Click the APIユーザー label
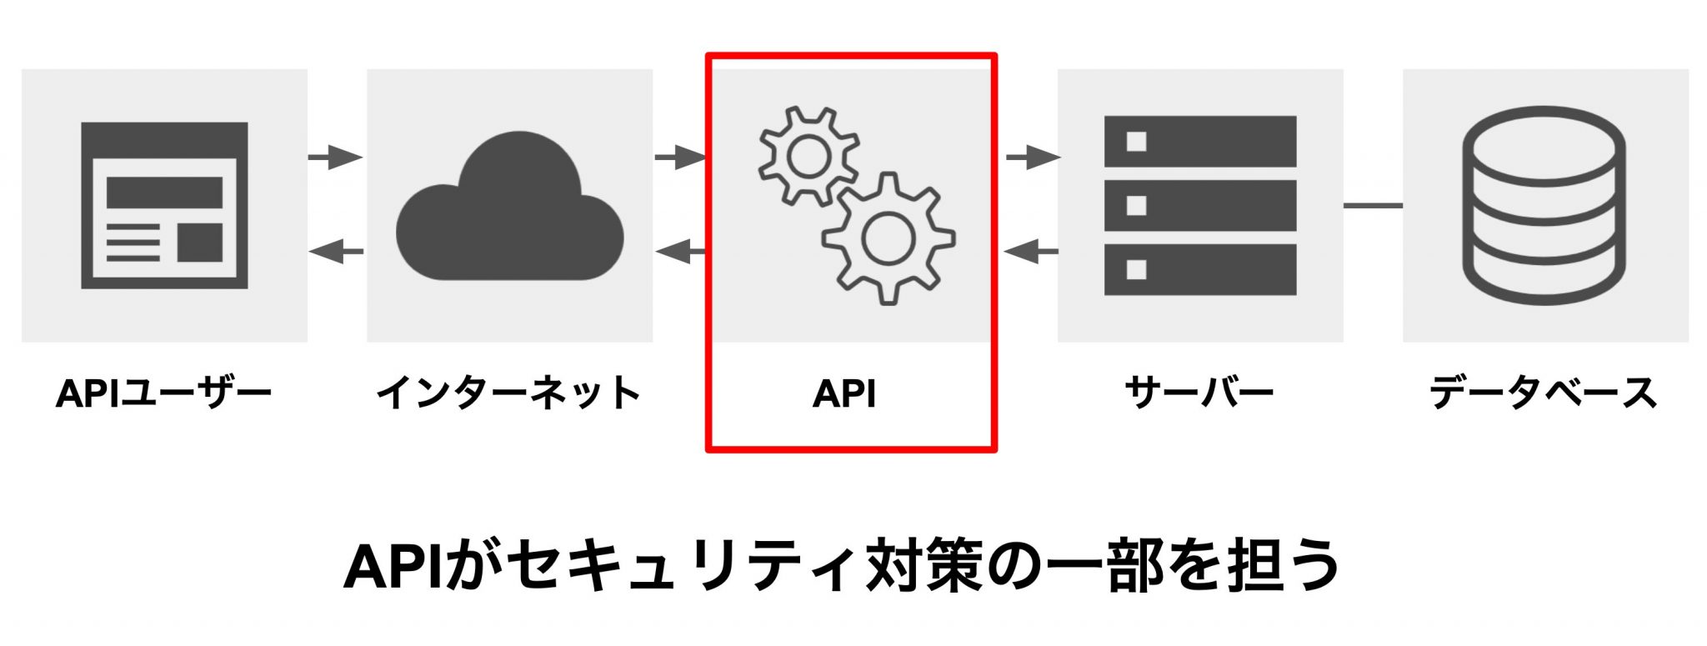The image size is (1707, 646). pyautogui.click(x=163, y=393)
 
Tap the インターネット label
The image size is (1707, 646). pyautogui.click(x=508, y=393)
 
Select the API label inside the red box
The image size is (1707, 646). pyautogui.click(x=844, y=394)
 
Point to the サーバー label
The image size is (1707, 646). pyautogui.click(x=1199, y=393)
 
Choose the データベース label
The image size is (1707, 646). pyautogui.click(x=1544, y=393)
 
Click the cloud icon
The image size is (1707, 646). pyautogui.click(x=509, y=213)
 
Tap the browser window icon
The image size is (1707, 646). pyautogui.click(x=164, y=205)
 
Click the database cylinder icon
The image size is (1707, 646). pyautogui.click(x=1544, y=205)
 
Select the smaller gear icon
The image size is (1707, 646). pyautogui.click(x=808, y=157)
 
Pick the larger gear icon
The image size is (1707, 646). pyautogui.click(x=889, y=238)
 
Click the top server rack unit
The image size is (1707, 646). pyautogui.click(x=1199, y=142)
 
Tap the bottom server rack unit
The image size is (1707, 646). pyautogui.click(x=1199, y=269)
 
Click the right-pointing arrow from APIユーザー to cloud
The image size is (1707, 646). pyautogui.click(x=335, y=157)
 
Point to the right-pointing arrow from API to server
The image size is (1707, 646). pyautogui.click(x=1032, y=157)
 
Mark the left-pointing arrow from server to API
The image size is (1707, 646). pyautogui.click(x=1032, y=251)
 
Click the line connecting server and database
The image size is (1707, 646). pyautogui.click(x=1373, y=205)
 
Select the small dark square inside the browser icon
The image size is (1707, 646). pyautogui.click(x=200, y=242)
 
